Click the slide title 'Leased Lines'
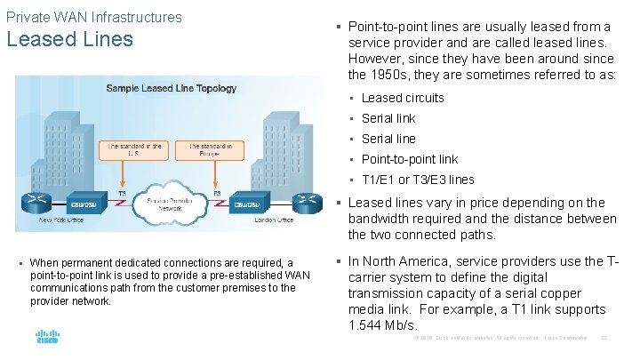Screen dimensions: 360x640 click(x=69, y=40)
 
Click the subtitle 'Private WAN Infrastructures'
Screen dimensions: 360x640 click(x=93, y=17)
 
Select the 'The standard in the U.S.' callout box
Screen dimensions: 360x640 click(x=135, y=150)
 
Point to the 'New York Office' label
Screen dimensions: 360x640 click(x=61, y=220)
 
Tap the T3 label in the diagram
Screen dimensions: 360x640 click(x=122, y=193)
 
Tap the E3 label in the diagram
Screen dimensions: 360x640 click(x=218, y=193)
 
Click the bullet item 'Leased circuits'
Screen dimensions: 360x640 click(x=403, y=98)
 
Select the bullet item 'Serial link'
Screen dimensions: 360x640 click(x=388, y=118)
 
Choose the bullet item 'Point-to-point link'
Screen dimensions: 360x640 click(x=410, y=159)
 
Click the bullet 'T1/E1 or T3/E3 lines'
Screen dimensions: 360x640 click(x=418, y=180)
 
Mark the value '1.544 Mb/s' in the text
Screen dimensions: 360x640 click(x=382, y=326)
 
